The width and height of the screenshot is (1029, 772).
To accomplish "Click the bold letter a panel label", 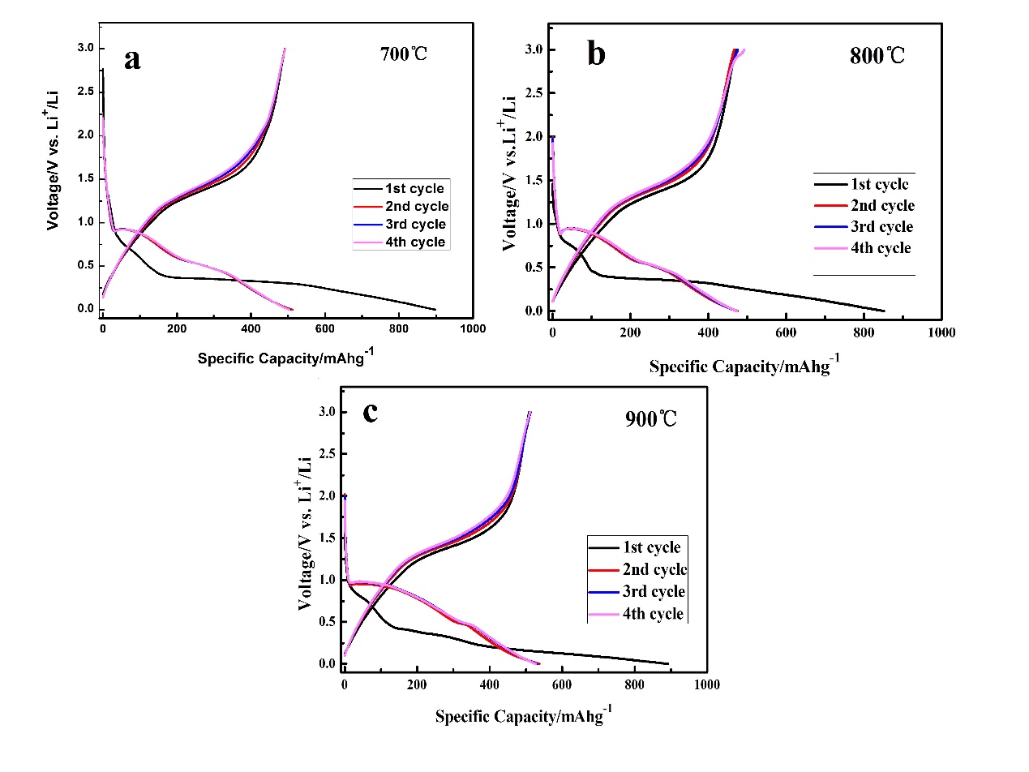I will (x=132, y=59).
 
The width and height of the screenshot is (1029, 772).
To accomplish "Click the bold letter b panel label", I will (x=596, y=56).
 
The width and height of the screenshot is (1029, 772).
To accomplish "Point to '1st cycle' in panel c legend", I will (x=651, y=548).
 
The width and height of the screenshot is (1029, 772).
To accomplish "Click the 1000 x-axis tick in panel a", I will (x=472, y=328).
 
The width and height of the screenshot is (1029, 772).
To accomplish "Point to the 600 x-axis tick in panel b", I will (x=785, y=332).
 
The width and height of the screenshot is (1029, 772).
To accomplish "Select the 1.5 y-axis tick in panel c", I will (x=327, y=538).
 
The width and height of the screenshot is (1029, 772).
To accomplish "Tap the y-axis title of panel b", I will (x=509, y=173).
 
